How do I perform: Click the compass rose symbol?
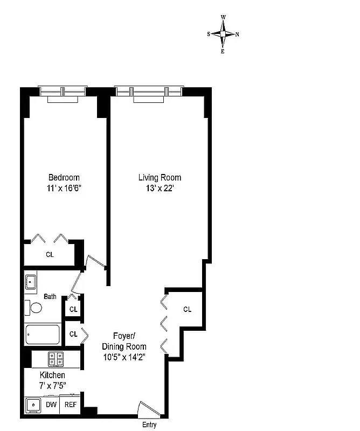point(223,34)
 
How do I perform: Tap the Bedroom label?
point(64,178)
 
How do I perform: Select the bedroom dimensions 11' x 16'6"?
point(64,189)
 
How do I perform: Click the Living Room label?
point(160,178)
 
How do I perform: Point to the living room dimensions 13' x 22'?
point(160,189)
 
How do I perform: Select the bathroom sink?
point(31,281)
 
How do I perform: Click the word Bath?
point(50,296)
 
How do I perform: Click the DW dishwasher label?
point(51,405)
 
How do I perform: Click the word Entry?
point(149,425)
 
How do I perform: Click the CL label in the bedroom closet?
point(49,254)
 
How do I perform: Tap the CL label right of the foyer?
point(187,309)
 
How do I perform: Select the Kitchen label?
point(52,375)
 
